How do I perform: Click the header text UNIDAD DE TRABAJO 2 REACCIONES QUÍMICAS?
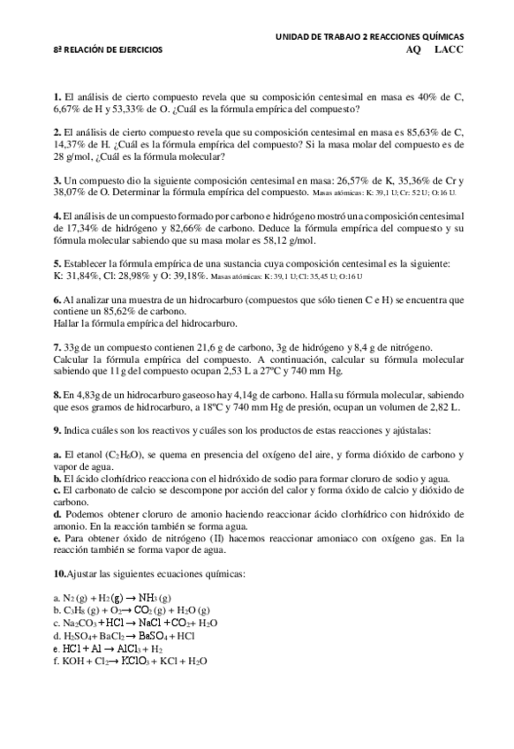pyautogui.click(x=369, y=36)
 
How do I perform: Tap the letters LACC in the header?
pyautogui.click(x=449, y=50)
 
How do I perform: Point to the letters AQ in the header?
pyautogui.click(x=413, y=50)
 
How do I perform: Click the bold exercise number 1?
pyautogui.click(x=57, y=95)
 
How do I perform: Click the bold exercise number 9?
pyautogui.click(x=57, y=430)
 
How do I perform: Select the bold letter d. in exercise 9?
pyautogui.click(x=57, y=513)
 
